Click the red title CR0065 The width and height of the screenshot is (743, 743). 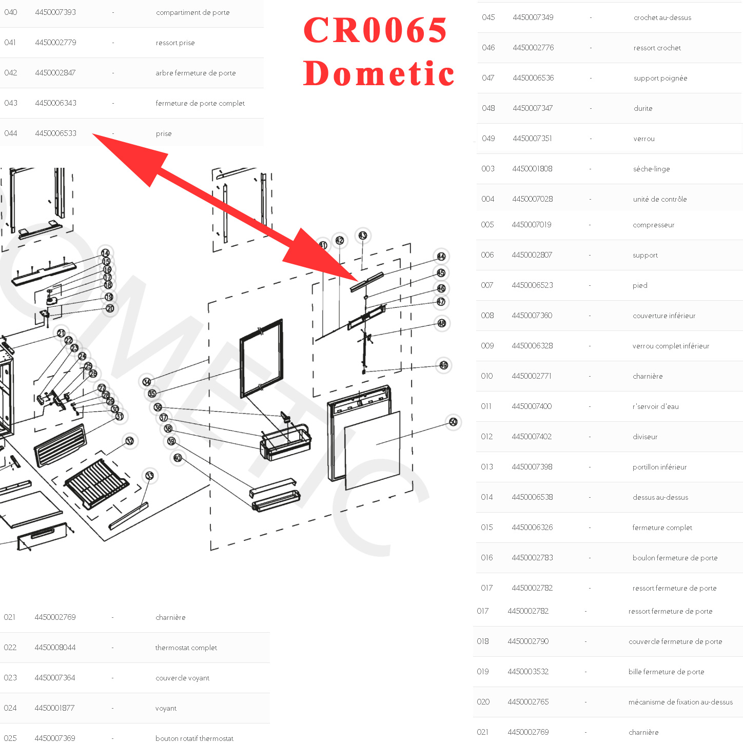pos(375,30)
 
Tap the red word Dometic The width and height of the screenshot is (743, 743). pos(379,73)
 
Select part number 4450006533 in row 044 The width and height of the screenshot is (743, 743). pos(55,133)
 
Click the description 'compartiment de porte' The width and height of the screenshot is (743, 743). pos(192,12)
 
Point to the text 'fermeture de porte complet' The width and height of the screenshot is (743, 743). pos(200,103)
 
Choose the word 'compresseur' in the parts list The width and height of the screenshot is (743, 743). pos(653,225)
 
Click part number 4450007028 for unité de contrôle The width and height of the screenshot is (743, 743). pos(532,199)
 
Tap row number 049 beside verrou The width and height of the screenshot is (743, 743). pos(488,139)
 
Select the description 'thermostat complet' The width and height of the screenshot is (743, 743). pos(186,648)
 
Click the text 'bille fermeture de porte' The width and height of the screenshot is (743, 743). pos(666,672)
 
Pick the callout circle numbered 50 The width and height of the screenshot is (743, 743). pos(453,422)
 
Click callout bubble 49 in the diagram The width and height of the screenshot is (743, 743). pos(444,365)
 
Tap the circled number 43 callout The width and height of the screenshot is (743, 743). pos(363,236)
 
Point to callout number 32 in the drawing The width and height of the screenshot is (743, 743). pos(130,441)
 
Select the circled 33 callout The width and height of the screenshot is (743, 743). pos(149,476)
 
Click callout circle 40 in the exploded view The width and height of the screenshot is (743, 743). pos(178,458)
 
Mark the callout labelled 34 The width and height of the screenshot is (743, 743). pos(147,382)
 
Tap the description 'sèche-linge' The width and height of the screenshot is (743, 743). pos(651,169)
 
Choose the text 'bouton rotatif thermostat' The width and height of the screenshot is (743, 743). pos(194,738)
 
